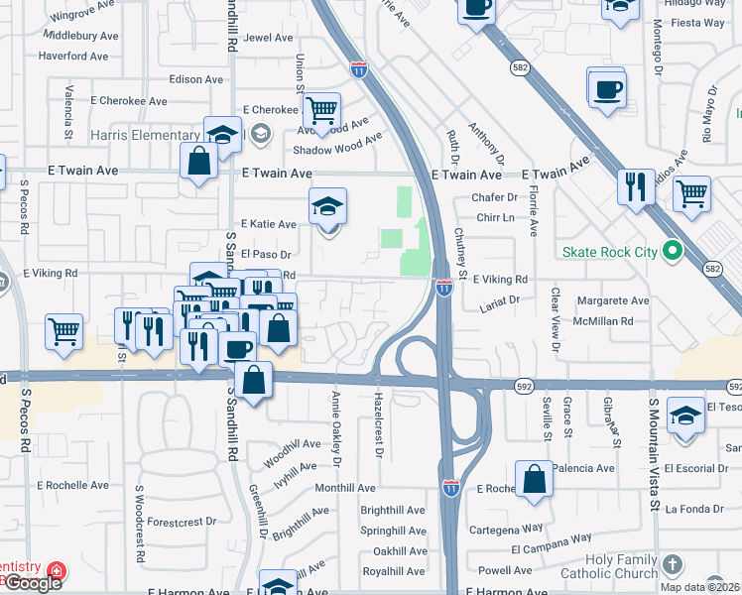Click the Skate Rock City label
609,252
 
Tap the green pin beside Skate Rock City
671,251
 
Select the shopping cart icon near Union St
321,110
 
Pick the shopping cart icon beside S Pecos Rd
63,331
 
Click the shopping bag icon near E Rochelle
534,479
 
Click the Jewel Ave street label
268,38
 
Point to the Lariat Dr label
500,300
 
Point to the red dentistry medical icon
58,572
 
